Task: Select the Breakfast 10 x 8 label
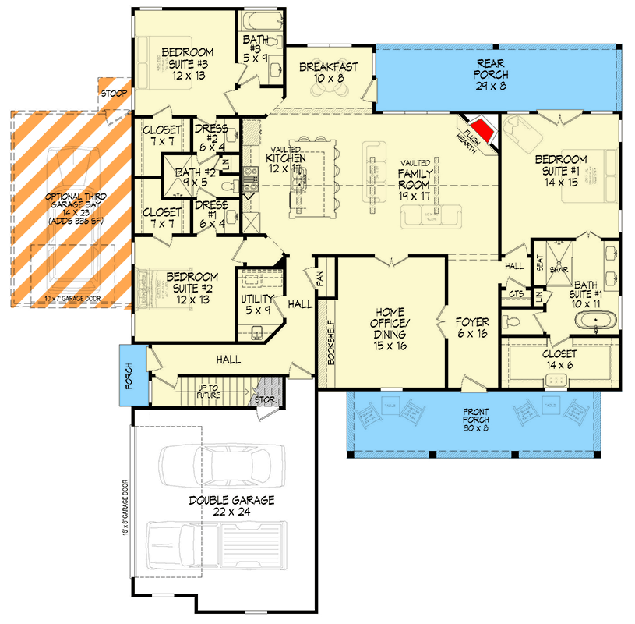pyautogui.click(x=329, y=73)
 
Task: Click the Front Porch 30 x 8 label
pyautogui.click(x=474, y=419)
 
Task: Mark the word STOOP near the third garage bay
pyautogui.click(x=111, y=94)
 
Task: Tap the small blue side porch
pyautogui.click(x=128, y=374)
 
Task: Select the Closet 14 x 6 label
pyautogui.click(x=559, y=360)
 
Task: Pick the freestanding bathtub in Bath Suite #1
pyautogui.click(x=594, y=321)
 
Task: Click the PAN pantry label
pyautogui.click(x=319, y=277)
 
